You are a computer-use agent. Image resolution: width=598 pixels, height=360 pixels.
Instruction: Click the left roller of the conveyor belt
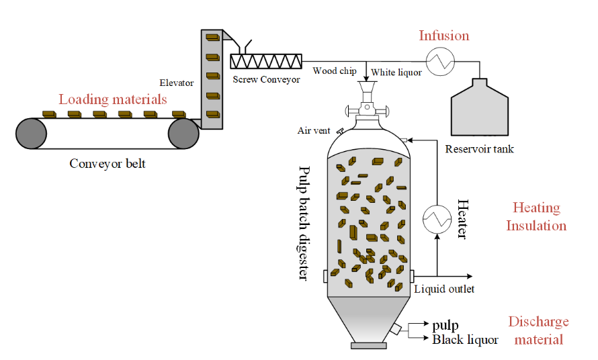(x=32, y=134)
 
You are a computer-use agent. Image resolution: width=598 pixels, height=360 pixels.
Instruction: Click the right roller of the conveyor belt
(x=183, y=134)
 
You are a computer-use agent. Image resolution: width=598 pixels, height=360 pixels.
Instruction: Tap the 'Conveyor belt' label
(x=108, y=164)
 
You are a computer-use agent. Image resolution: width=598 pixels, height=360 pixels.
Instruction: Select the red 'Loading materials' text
(x=113, y=99)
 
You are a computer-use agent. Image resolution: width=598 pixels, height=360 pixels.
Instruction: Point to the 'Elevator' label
(x=177, y=83)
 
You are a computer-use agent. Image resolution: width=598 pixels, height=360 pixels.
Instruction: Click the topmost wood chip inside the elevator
(x=213, y=38)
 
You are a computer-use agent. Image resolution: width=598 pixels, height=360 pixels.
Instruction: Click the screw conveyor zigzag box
(x=266, y=61)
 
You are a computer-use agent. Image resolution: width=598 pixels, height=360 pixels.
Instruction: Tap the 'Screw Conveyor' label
(x=266, y=79)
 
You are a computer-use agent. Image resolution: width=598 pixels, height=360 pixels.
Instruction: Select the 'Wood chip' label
(x=335, y=71)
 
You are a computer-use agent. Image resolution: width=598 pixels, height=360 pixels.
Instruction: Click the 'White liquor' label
(x=396, y=73)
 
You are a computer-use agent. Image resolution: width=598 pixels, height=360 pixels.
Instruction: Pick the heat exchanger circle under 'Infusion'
(x=441, y=61)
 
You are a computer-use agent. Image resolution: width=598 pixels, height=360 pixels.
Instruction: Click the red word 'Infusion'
(x=444, y=36)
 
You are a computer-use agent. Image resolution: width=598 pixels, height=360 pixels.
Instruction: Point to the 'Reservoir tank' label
(x=479, y=148)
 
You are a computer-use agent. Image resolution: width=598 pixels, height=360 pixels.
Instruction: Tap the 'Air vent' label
(x=314, y=131)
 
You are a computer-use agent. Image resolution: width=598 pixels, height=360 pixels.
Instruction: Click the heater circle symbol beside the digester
(x=437, y=219)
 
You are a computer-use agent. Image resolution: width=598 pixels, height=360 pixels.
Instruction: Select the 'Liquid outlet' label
(x=444, y=289)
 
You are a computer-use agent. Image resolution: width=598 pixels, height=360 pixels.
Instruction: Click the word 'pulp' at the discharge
(x=445, y=326)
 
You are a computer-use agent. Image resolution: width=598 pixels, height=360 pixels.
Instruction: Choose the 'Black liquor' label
(x=465, y=339)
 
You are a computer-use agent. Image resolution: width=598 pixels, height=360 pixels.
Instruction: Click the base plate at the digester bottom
(x=369, y=345)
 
